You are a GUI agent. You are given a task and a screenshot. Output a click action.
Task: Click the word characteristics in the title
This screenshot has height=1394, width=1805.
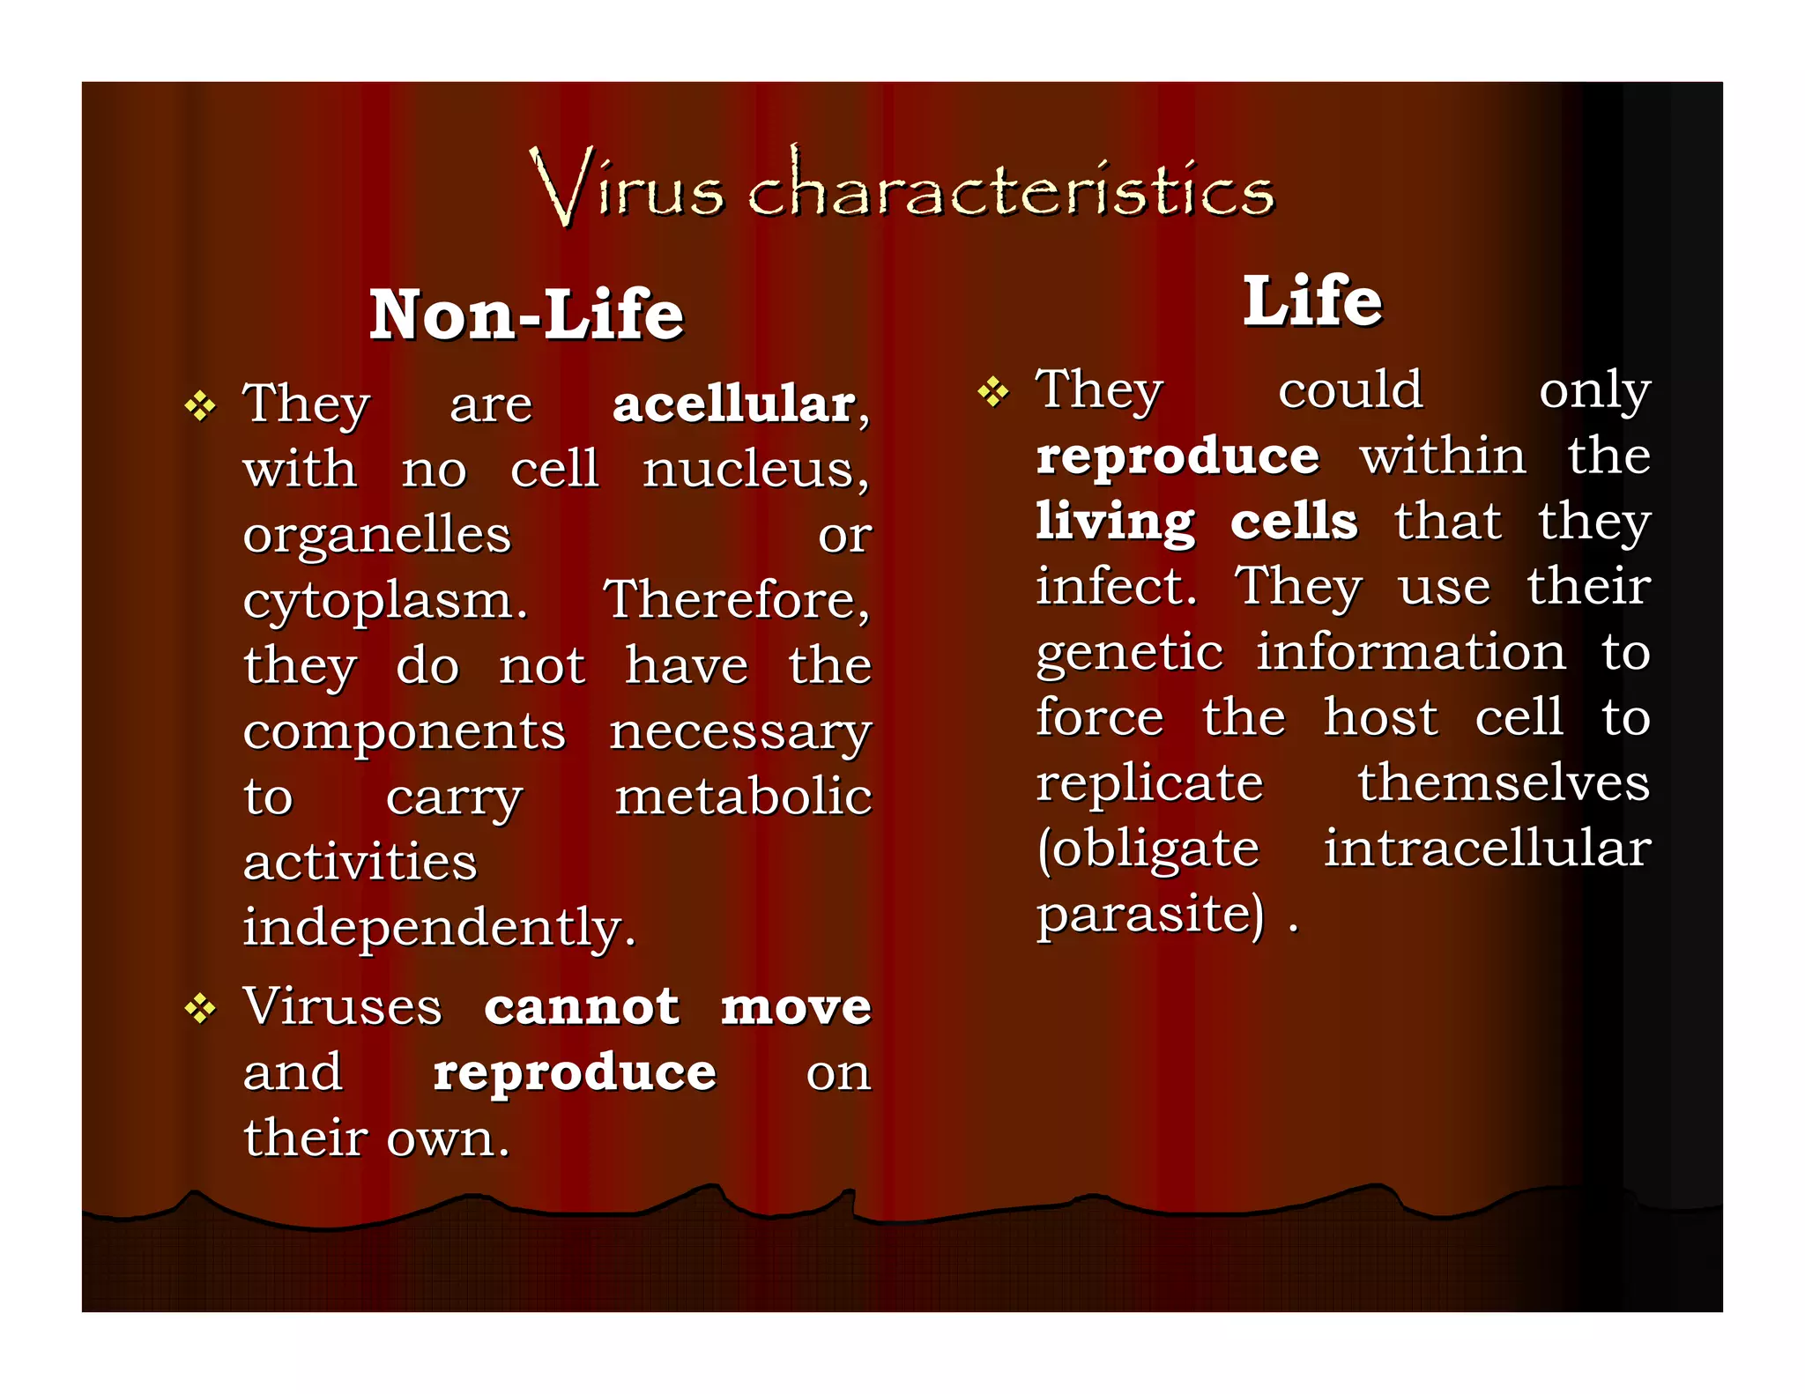point(1011,187)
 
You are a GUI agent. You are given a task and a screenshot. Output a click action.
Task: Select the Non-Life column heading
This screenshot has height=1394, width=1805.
point(526,315)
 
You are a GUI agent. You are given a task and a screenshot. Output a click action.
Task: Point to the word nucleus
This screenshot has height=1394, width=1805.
point(754,470)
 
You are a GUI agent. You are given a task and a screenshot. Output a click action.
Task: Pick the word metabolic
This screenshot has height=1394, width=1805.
point(743,797)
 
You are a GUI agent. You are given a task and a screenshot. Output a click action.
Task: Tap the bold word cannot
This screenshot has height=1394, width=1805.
point(582,1007)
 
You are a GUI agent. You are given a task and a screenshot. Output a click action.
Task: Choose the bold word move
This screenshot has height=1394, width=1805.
point(796,1007)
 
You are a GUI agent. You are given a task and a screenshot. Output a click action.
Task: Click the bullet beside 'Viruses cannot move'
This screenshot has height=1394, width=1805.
point(200,1009)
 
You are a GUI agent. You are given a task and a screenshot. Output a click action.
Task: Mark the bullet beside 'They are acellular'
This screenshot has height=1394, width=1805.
point(200,406)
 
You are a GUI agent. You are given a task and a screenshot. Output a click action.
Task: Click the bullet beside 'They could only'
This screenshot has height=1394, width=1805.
point(992,392)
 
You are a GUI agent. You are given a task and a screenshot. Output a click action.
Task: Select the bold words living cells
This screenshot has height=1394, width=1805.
point(1196,522)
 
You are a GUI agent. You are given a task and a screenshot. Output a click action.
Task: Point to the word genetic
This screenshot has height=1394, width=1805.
point(1129,654)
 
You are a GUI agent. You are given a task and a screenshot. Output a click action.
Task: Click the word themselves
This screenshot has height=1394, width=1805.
point(1503,783)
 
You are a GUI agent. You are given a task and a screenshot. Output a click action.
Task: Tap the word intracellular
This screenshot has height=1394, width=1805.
point(1487,849)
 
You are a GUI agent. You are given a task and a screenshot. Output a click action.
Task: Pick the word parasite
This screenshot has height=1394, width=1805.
point(1148,915)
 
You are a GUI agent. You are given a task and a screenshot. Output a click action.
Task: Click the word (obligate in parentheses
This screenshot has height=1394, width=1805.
point(1148,849)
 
